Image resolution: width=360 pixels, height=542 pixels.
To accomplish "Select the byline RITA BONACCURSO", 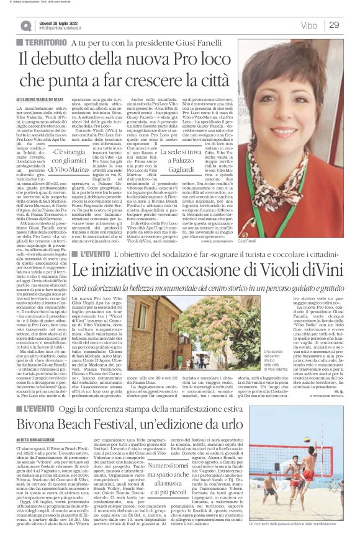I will tap(50, 458).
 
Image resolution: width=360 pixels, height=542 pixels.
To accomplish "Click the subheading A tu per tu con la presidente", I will tap(134, 44).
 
